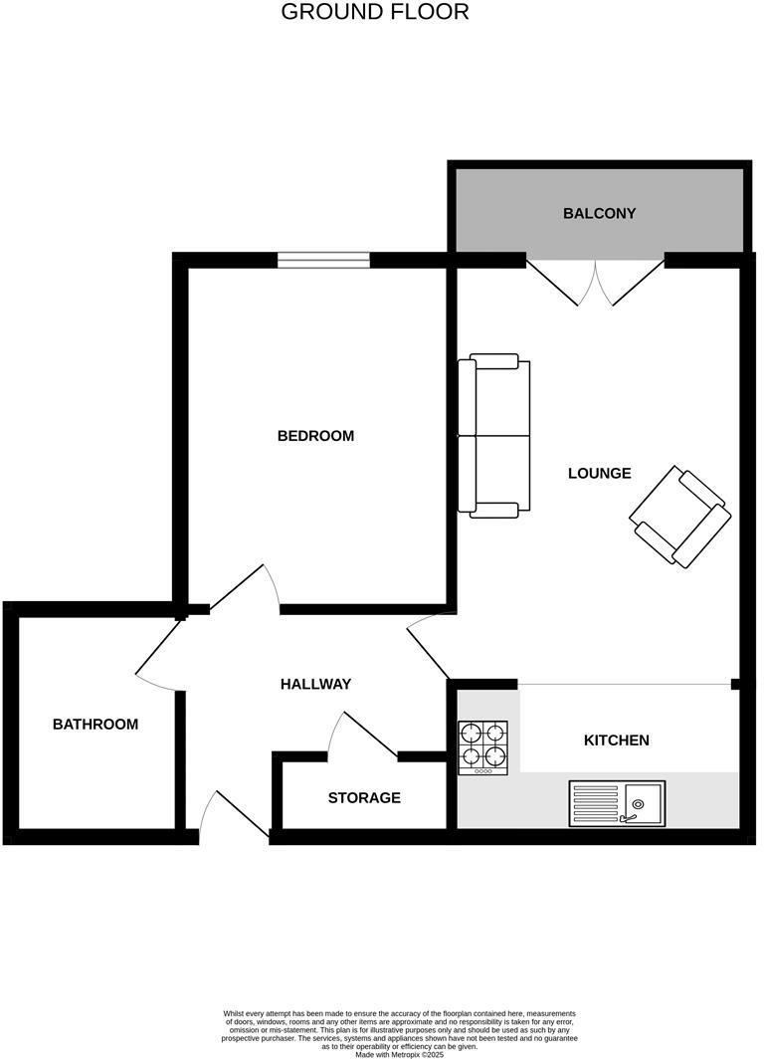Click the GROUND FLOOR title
point(375,12)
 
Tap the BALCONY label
point(599,213)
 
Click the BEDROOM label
point(315,436)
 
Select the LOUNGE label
point(599,473)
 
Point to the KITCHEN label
point(616,741)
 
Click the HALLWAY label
point(315,684)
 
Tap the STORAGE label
point(364,797)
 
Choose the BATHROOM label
point(95,724)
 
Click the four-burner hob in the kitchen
point(482,747)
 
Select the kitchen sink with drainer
point(617,803)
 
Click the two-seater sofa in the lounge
point(493,436)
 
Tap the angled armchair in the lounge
point(680,517)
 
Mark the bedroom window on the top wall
point(323,260)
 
